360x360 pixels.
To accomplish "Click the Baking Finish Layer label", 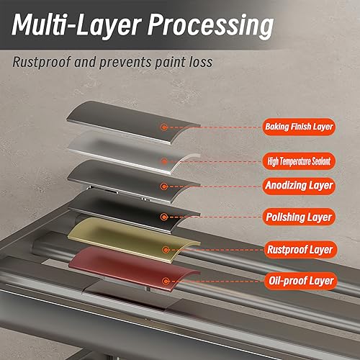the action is pyautogui.click(x=299, y=127).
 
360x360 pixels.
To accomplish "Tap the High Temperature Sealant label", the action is pyautogui.click(x=299, y=161).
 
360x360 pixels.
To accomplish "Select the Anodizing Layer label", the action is pyautogui.click(x=299, y=186).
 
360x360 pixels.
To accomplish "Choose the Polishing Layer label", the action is pyautogui.click(x=299, y=217).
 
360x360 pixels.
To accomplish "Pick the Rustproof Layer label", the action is pyautogui.click(x=300, y=250).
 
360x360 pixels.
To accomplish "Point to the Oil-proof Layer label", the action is pyautogui.click(x=301, y=281).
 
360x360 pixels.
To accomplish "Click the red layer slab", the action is pyautogui.click(x=135, y=268).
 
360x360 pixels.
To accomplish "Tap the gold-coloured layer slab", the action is pyautogui.click(x=134, y=240).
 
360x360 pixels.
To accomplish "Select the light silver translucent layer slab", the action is pyautogui.click(x=134, y=151).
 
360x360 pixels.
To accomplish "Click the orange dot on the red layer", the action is pyautogui.click(x=165, y=281).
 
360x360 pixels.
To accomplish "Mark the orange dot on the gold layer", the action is pyautogui.click(x=165, y=250).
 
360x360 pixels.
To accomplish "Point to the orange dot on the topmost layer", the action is pyautogui.click(x=164, y=127).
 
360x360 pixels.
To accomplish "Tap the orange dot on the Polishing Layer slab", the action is pyautogui.click(x=164, y=217).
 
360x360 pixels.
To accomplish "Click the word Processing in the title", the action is pyautogui.click(x=210, y=26).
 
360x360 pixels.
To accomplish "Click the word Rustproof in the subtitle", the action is pyautogui.click(x=42, y=63).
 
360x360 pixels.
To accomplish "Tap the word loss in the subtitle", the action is pyautogui.click(x=201, y=62).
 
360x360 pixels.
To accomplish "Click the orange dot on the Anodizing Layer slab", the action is pyautogui.click(x=164, y=186).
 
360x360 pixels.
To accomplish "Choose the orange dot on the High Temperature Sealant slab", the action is pyautogui.click(x=164, y=161).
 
